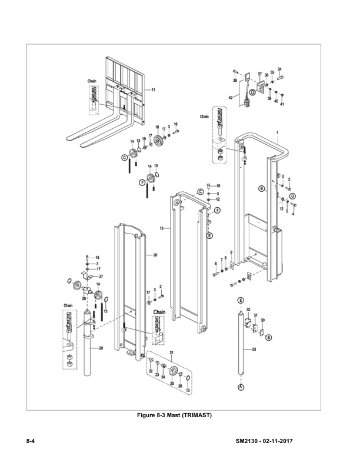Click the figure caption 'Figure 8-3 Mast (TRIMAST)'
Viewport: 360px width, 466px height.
pos(174,416)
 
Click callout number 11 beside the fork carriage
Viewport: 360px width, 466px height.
pos(153,90)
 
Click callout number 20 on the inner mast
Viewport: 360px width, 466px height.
pos(155,255)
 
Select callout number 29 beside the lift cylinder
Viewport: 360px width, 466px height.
pos(101,349)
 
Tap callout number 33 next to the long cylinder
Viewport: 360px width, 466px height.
pos(254,349)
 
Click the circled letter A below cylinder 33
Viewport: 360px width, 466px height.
pos(241,387)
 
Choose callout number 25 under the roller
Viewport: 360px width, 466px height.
pos(172,384)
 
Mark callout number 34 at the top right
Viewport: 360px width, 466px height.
pos(279,69)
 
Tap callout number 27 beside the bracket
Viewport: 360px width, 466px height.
pos(101,276)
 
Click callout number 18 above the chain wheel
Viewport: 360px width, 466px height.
pos(157,127)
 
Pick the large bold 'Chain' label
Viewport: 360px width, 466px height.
pos(160,312)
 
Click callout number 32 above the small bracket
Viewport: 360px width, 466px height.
pos(248,309)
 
